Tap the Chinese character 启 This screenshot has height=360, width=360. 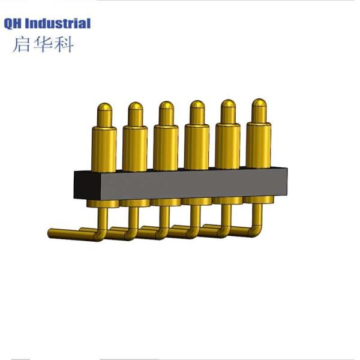click(21, 44)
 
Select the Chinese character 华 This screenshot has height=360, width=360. click(42, 44)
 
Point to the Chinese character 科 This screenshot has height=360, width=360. click(63, 44)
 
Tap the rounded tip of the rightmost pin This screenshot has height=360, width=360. click(259, 106)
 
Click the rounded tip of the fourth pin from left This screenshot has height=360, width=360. click(197, 107)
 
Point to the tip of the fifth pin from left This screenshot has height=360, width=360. click(228, 106)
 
